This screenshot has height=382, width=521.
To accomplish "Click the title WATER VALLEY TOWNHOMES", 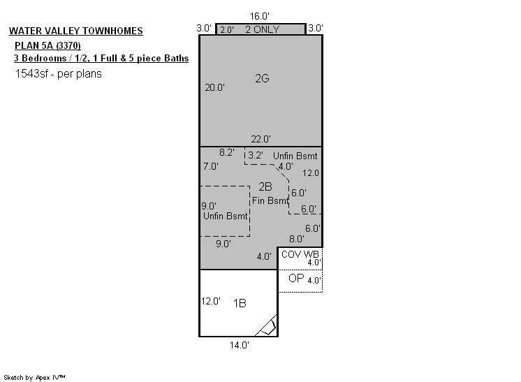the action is tap(75, 31).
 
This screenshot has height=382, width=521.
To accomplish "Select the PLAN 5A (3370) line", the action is tap(47, 45).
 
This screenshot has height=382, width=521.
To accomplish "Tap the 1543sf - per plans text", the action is tap(58, 73).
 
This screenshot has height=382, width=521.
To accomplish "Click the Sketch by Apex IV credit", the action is tap(34, 377).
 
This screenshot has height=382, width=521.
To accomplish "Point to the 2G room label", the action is tap(262, 78).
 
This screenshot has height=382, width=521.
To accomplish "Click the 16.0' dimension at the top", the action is tap(260, 16).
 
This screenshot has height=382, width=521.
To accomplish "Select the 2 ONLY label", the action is tap(262, 29).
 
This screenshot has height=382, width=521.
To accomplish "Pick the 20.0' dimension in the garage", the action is tap(214, 87).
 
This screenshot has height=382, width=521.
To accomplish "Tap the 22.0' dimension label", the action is tap(260, 139).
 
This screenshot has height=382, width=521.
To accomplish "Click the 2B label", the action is tap(265, 186).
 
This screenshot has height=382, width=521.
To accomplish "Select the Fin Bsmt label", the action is tap(270, 200).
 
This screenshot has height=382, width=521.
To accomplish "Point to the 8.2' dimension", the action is tap(226, 152).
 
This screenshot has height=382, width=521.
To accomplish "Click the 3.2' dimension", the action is tap(256, 155).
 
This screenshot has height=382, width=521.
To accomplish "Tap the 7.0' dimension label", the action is tap(211, 166).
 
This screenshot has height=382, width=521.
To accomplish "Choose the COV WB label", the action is tap(300, 254).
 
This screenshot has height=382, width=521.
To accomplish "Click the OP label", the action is tap(296, 278).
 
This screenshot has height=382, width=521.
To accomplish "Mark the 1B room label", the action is tap(240, 303).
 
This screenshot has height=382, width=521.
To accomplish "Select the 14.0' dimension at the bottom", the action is tap(240, 345).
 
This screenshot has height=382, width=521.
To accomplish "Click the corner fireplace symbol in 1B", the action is tap(267, 325).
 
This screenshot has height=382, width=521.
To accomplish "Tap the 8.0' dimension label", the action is tap(296, 239).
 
